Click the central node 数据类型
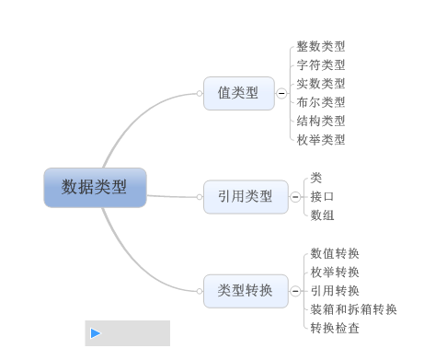[95, 188]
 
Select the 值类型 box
[239, 93]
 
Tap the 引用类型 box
[246, 197]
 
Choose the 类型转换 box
[246, 291]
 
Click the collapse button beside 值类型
[281, 93]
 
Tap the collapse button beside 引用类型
[295, 197]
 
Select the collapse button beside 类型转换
[295, 291]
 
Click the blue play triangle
[96, 333]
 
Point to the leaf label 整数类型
[321, 46]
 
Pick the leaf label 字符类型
[321, 65]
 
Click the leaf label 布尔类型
[321, 102]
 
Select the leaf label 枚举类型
[321, 140]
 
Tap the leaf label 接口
[322, 196]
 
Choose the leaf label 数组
[322, 215]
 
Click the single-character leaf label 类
[316, 178]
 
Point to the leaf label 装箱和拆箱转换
[353, 309]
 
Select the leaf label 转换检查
[335, 328]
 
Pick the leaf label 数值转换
[335, 253]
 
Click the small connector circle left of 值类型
[200, 93]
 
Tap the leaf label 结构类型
[321, 121]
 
